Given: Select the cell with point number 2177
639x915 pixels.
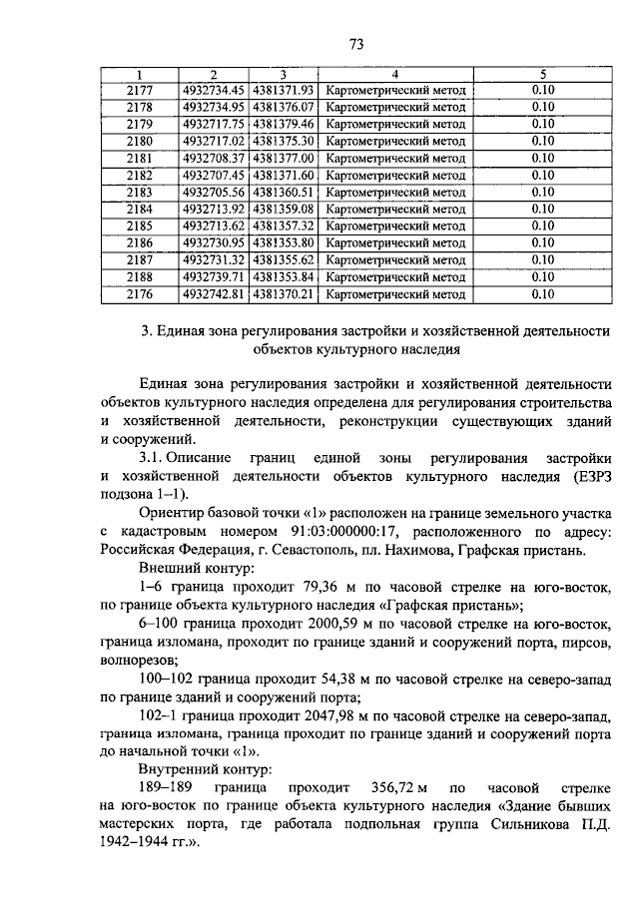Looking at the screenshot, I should [140, 90].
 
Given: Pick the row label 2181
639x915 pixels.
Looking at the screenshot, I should [140, 158].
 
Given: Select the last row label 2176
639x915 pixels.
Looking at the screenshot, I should [140, 293].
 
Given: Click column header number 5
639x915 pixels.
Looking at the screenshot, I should [542, 74].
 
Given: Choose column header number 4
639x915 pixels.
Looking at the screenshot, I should [395, 74].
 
